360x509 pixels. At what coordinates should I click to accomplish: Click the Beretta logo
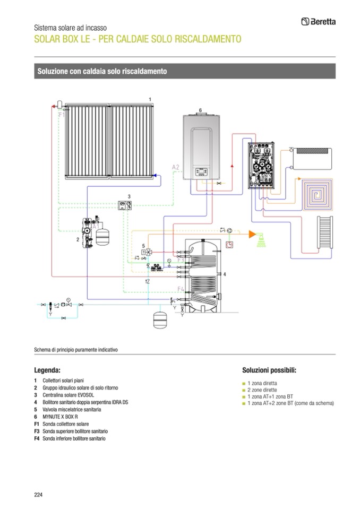pos(318,22)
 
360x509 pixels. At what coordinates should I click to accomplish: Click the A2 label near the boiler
pos(176,168)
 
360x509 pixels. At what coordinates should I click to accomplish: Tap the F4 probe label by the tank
pos(181,289)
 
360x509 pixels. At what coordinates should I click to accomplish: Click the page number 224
pos(38,495)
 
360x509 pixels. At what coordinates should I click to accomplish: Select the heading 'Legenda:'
pos(47,369)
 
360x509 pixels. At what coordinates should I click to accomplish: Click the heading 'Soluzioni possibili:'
pos(269,369)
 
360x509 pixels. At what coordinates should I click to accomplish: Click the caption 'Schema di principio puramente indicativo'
pos(75,350)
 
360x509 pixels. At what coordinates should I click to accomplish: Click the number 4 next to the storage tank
pos(225,274)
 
